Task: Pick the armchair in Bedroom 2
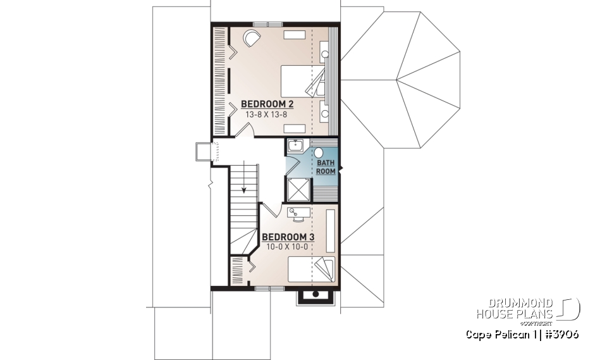pyautogui.click(x=251, y=39)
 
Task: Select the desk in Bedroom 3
pyautogui.click(x=297, y=213)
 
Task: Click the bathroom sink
pyautogui.click(x=294, y=146)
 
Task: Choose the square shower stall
pyautogui.click(x=298, y=190)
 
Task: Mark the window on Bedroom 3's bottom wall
pyautogui.click(x=269, y=289)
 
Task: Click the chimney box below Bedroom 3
pyautogui.click(x=314, y=295)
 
